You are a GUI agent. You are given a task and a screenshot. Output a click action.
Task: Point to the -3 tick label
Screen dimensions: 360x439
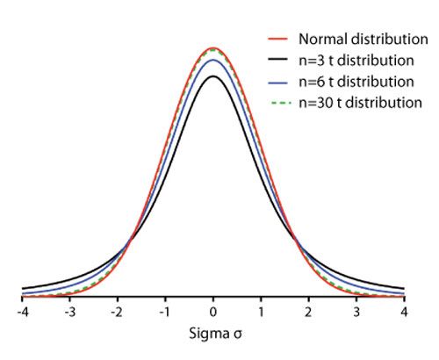click(x=68, y=313)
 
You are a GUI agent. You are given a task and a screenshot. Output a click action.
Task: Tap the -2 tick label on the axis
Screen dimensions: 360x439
click(x=116, y=313)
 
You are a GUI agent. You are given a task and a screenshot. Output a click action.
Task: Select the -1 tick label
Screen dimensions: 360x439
click(x=164, y=313)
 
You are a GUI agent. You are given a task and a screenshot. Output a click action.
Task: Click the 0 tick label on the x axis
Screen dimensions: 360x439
click(x=213, y=313)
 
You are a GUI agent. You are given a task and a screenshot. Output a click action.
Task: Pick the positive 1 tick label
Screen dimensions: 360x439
click(x=262, y=313)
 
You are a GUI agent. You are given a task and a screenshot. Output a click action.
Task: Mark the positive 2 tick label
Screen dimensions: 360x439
click(x=309, y=313)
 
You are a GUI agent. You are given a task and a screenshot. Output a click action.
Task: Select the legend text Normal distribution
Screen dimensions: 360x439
click(x=358, y=40)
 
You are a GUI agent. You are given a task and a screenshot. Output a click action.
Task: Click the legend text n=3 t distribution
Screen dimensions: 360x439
click(x=356, y=61)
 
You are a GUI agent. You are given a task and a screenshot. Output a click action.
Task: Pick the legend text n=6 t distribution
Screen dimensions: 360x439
click(x=356, y=82)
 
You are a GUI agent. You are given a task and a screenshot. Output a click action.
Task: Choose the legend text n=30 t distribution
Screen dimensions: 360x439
click(x=359, y=103)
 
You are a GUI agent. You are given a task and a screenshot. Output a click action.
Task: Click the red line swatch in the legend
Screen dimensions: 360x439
click(x=278, y=40)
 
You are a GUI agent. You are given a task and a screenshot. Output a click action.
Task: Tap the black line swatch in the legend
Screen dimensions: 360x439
click(x=278, y=61)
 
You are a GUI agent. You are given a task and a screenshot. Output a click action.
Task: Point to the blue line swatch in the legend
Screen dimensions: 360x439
click(x=278, y=83)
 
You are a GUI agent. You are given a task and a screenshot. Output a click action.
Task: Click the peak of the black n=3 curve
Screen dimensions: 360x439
click(x=213, y=76)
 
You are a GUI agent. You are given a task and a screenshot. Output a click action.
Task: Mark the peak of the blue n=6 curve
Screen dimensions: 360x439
click(x=213, y=60)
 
